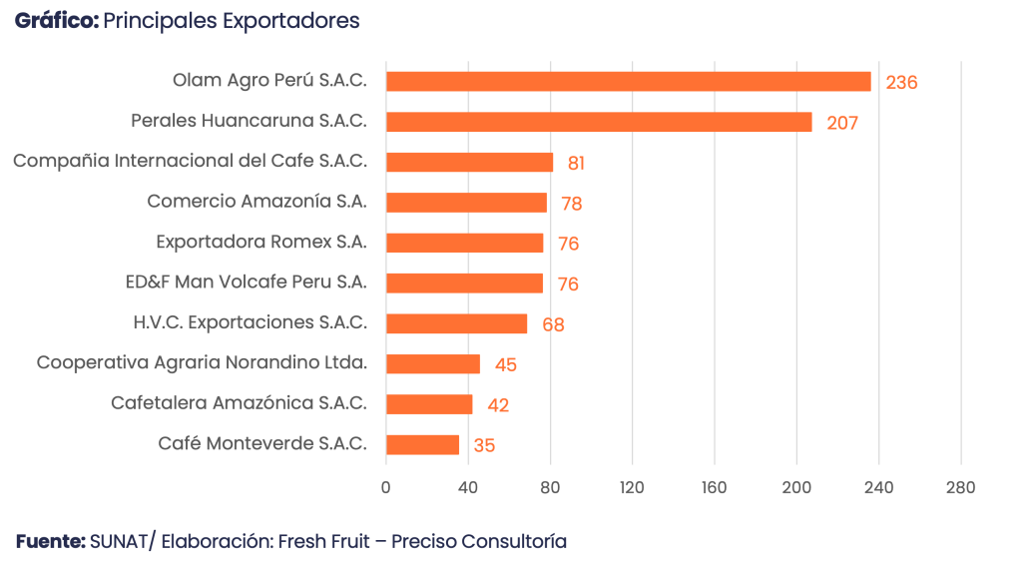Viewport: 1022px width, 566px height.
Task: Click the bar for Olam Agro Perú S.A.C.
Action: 629,82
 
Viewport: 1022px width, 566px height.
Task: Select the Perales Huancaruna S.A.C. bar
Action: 599,122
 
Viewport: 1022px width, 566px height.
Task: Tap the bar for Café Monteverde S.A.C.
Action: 423,444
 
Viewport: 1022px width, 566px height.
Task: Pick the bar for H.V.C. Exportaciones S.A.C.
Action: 457,323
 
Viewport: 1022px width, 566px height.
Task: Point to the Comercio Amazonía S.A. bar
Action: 467,203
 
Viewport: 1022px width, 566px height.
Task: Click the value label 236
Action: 901,83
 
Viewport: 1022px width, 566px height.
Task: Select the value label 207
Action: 842,123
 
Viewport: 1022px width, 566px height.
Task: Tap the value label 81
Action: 576,164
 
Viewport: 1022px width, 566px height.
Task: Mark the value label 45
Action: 505,364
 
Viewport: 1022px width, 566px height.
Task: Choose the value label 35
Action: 484,445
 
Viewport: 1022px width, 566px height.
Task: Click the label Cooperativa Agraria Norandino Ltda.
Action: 202,362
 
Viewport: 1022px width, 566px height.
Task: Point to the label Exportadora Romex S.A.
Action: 261,242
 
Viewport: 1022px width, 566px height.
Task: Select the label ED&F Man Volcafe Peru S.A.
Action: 253,282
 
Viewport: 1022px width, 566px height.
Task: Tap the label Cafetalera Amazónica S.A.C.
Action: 240,402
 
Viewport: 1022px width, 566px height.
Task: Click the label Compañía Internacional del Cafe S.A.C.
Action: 190,161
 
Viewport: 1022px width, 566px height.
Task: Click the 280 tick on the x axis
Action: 961,488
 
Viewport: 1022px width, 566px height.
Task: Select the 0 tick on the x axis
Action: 386,488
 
